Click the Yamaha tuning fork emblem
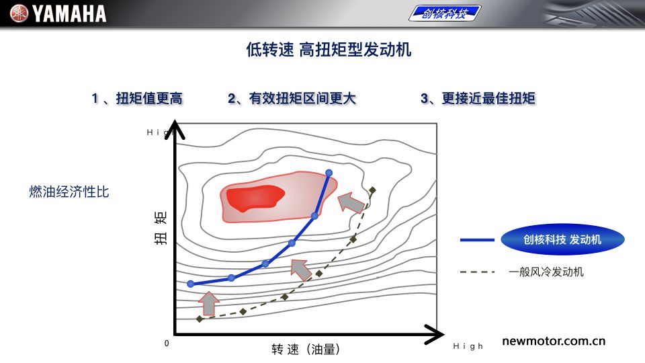(19, 13)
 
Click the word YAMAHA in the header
(69, 13)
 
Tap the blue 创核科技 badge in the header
(445, 13)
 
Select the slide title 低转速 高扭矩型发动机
(329, 49)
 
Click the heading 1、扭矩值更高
(137, 98)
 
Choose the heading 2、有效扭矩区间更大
(292, 98)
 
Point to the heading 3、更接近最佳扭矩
(478, 98)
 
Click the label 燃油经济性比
(69, 192)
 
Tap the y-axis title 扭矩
(161, 228)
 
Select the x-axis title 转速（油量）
(306, 350)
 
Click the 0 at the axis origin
(167, 344)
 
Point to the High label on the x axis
(468, 347)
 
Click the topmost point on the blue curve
(329, 173)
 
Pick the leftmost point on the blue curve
(190, 284)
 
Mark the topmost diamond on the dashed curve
(372, 190)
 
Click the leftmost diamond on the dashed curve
(200, 319)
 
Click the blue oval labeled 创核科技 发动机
(562, 239)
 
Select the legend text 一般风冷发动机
(546, 272)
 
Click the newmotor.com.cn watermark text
(554, 341)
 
